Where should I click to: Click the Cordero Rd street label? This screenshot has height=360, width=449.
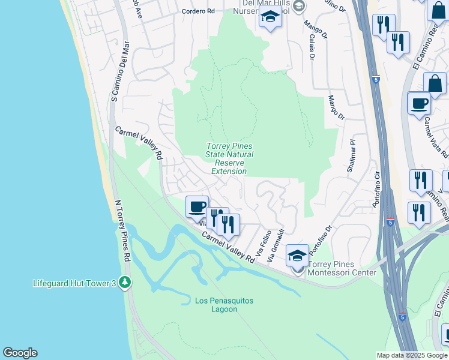click(198, 11)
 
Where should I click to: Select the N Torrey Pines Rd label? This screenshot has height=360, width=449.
click(122, 231)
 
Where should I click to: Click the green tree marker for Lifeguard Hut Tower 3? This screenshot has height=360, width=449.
click(125, 282)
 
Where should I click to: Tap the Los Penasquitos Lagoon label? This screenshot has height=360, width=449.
click(224, 304)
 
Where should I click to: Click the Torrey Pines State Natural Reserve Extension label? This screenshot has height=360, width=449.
click(230, 158)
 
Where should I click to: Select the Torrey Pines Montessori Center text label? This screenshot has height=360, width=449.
click(342, 268)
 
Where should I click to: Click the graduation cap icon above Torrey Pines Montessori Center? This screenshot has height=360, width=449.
click(297, 255)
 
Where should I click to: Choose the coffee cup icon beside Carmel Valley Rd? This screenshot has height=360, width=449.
click(197, 207)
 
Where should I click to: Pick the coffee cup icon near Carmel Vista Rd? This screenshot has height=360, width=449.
click(419, 103)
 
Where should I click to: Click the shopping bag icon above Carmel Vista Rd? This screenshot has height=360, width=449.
click(435, 83)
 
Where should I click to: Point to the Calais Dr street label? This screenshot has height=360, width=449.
click(312, 46)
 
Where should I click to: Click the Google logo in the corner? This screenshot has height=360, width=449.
click(20, 353)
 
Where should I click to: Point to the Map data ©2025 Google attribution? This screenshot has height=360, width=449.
click(412, 355)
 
